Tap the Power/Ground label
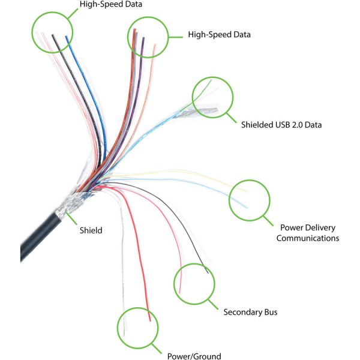click(x=193, y=356)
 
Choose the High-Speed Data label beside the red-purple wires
click(x=219, y=34)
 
